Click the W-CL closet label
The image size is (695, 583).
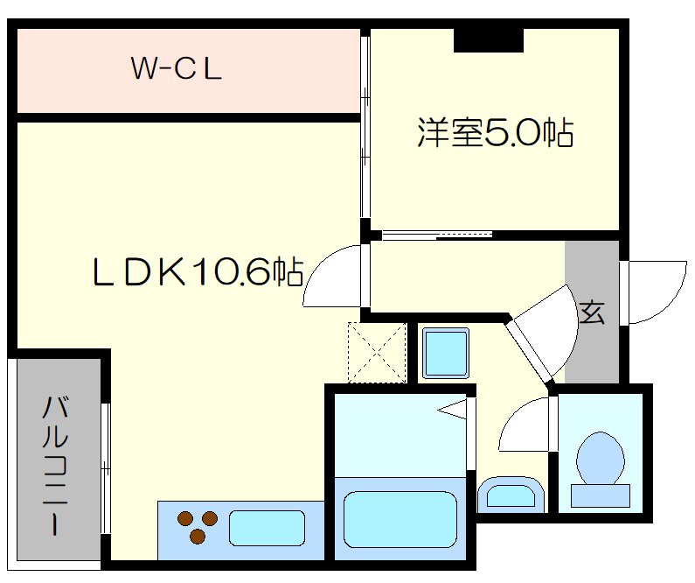pyautogui.click(x=177, y=68)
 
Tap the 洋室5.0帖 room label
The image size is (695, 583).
pyautogui.click(x=495, y=133)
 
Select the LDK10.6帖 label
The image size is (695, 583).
pyautogui.click(x=198, y=273)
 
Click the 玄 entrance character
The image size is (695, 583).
pyautogui.click(x=592, y=313)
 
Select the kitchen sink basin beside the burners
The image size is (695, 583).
pyautogui.click(x=267, y=528)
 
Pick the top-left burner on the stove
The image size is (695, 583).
pyautogui.click(x=185, y=517)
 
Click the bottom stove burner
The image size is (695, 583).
pyautogui.click(x=198, y=536)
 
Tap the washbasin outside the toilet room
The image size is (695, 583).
pyautogui.click(x=511, y=495)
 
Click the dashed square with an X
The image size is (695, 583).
pyautogui.click(x=378, y=353)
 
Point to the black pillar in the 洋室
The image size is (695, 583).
pyautogui.click(x=488, y=39)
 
